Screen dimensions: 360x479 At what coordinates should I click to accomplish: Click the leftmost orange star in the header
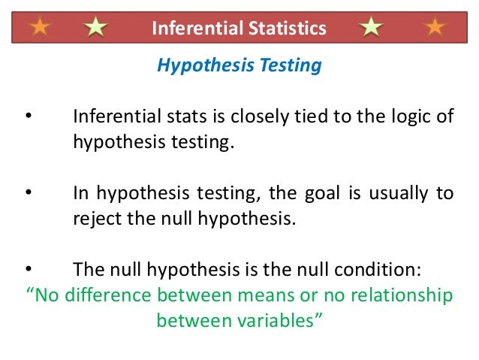tap(40, 29)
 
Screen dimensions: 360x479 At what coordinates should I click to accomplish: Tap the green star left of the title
tap(95, 29)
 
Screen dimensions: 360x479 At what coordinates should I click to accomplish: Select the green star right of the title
tap(370, 29)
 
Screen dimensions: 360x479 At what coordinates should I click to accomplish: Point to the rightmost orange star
tap(434, 29)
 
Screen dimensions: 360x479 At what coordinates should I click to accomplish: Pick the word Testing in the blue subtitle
tap(290, 66)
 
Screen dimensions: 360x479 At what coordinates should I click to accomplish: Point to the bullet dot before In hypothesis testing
tap(28, 193)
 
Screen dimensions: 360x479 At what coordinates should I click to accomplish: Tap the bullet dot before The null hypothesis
tap(28, 269)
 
